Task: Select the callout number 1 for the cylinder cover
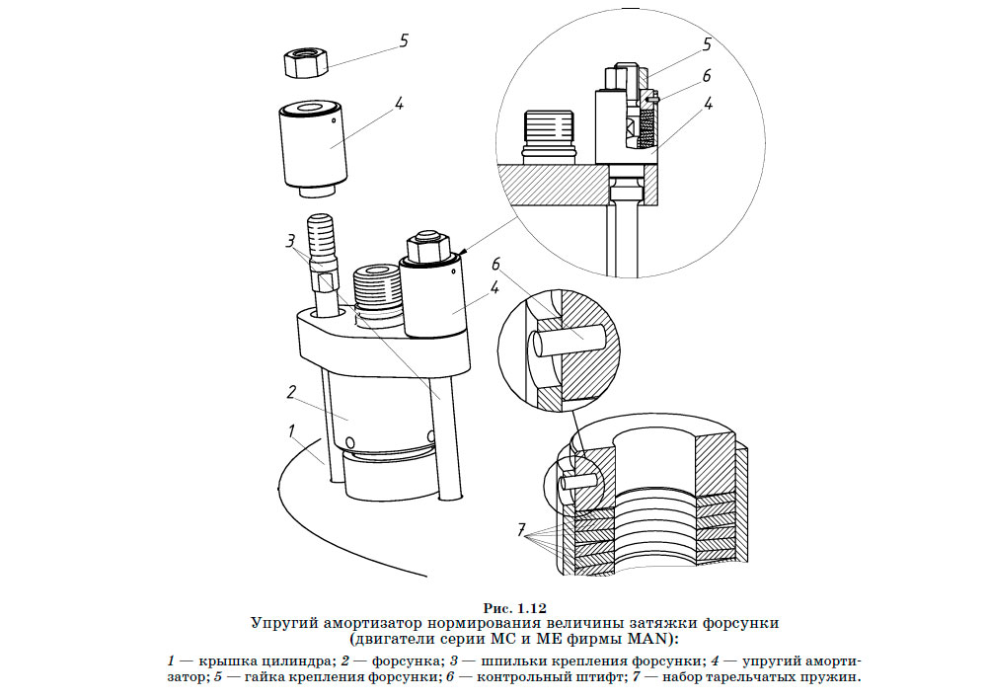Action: pos(292,430)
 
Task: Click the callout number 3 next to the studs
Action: pos(289,240)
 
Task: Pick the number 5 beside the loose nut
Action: pos(403,40)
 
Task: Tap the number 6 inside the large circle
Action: pos(706,76)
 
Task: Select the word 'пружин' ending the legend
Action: pos(834,677)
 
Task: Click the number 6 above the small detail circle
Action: pos(496,264)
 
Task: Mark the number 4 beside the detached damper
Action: pos(400,102)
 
